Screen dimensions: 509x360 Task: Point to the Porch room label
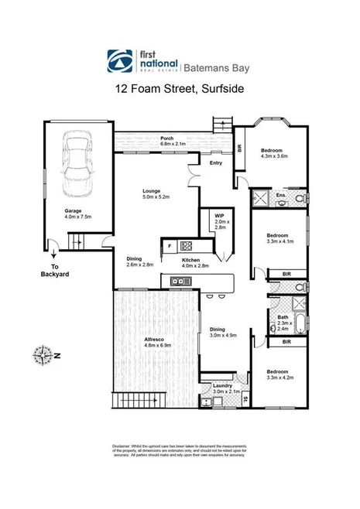pos(166,140)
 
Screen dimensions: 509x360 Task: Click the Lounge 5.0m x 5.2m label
pos(156,193)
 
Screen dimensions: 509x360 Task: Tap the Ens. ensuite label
pos(282,196)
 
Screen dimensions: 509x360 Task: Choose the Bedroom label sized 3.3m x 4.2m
pos(273,373)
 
